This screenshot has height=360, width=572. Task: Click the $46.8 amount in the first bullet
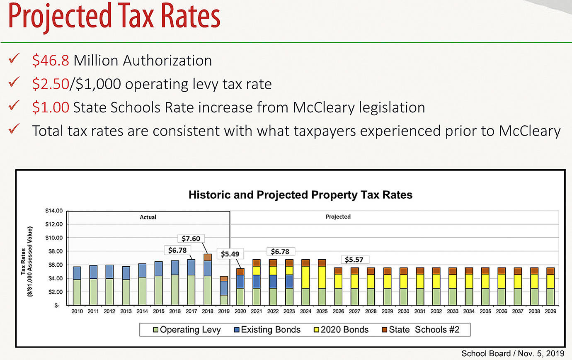(x=50, y=61)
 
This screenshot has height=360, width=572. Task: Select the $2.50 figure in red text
(x=50, y=84)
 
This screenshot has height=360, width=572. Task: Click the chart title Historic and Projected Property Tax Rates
(x=301, y=195)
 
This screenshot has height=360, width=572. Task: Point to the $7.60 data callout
(x=191, y=238)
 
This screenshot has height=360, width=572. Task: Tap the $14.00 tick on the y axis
(x=53, y=211)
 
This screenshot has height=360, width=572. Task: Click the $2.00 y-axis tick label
(x=55, y=292)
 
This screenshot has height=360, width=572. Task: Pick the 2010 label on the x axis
(x=78, y=311)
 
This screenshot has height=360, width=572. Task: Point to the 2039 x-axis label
(x=550, y=311)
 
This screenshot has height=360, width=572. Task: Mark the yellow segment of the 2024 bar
(x=306, y=277)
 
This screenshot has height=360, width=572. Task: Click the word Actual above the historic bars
(x=148, y=217)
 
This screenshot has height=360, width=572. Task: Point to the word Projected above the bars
(x=338, y=216)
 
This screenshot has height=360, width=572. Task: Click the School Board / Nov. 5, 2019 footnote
(x=513, y=353)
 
